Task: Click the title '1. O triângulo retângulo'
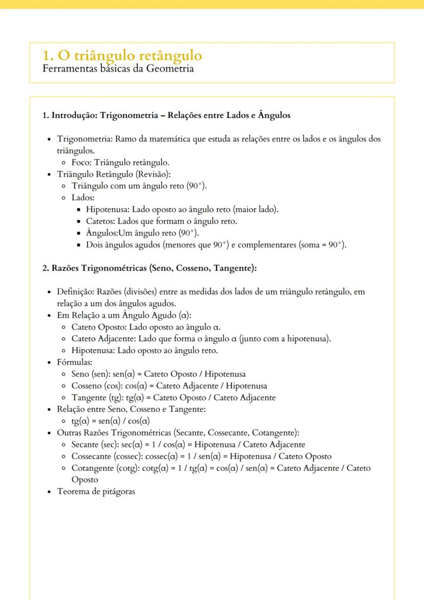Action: pyautogui.click(x=122, y=55)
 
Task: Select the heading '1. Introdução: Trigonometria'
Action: pyautogui.click(x=166, y=115)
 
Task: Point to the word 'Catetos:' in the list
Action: pyautogui.click(x=100, y=221)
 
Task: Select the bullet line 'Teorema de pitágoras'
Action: pyautogui.click(x=96, y=491)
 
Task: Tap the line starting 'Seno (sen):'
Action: pyautogui.click(x=158, y=374)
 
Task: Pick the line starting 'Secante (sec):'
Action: pyautogui.click(x=188, y=444)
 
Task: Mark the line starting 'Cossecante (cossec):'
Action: pyautogui.click(x=201, y=456)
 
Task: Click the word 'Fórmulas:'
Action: pyautogui.click(x=74, y=362)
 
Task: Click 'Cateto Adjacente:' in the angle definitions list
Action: pyautogui.click(x=103, y=339)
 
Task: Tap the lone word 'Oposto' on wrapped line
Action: pyautogui.click(x=84, y=480)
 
